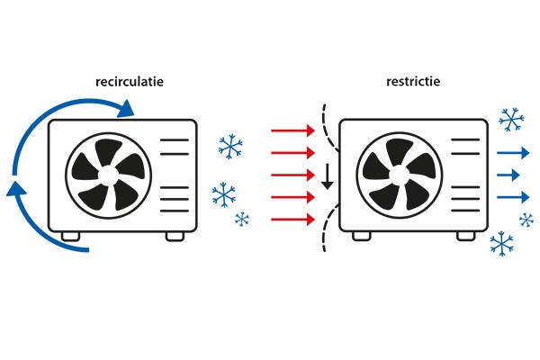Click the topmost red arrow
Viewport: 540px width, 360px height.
tap(292, 131)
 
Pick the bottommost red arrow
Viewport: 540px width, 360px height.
tap(292, 218)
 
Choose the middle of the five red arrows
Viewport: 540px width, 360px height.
tap(292, 175)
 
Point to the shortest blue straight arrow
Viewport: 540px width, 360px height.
tap(509, 173)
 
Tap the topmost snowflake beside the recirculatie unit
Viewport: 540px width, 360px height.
tap(231, 146)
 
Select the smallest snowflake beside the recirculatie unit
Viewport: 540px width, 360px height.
tap(241, 219)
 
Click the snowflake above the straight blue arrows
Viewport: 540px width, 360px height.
tap(511, 118)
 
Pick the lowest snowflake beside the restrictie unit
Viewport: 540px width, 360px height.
tap(501, 242)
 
